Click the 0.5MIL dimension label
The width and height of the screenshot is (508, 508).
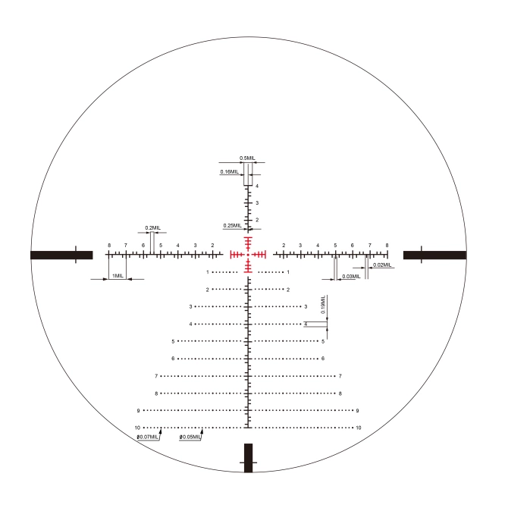tap(248, 158)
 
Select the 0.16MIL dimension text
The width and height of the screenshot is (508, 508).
tap(228, 172)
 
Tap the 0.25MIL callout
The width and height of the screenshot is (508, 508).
tap(231, 225)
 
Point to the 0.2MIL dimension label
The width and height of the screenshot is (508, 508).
tap(152, 227)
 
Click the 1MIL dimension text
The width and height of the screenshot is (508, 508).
tap(118, 275)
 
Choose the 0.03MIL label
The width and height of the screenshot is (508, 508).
tap(351, 277)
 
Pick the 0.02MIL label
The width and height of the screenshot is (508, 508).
tap(382, 265)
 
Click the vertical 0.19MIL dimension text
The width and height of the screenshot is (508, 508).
tap(324, 305)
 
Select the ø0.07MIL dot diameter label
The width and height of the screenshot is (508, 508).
tap(148, 437)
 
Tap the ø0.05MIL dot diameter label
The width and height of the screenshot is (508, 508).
tap(190, 437)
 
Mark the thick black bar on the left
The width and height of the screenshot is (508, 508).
tap(61, 255)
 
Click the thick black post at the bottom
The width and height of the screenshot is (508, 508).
tap(248, 458)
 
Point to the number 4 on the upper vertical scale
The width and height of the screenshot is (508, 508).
tap(257, 186)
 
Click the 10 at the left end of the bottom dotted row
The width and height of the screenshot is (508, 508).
tap(137, 428)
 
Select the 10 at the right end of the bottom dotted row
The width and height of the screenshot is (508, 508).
tap(358, 428)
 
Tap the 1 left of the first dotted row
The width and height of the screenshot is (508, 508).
tap(207, 271)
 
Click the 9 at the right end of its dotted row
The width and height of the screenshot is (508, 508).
tap(357, 410)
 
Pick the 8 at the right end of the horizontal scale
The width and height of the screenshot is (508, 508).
tap(387, 246)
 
